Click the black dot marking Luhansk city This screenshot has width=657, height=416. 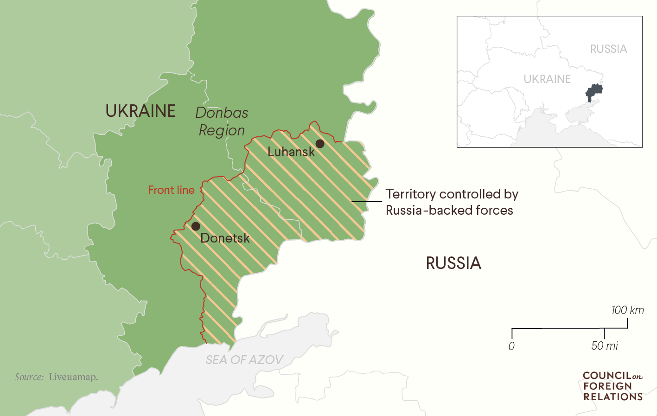(320, 143)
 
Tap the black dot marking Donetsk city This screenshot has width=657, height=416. (196, 226)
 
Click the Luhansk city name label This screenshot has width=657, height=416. (291, 152)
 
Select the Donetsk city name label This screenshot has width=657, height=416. (225, 238)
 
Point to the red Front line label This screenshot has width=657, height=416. (171, 190)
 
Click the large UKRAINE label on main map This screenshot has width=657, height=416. (140, 111)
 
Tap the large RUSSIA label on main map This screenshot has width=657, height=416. (453, 263)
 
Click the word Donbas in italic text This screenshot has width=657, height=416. (222, 113)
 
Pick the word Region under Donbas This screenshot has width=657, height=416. (222, 131)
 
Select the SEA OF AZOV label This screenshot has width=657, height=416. (244, 360)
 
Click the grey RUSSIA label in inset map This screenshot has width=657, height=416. (608, 49)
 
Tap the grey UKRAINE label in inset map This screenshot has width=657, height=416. (547, 79)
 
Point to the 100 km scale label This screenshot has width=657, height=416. (627, 310)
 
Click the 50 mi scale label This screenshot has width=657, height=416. (605, 346)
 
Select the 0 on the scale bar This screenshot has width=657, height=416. (511, 346)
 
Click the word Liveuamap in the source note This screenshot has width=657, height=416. (73, 377)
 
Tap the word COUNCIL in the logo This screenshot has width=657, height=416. (606, 376)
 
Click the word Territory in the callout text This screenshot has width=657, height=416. (410, 194)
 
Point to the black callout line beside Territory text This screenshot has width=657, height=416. (366, 202)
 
